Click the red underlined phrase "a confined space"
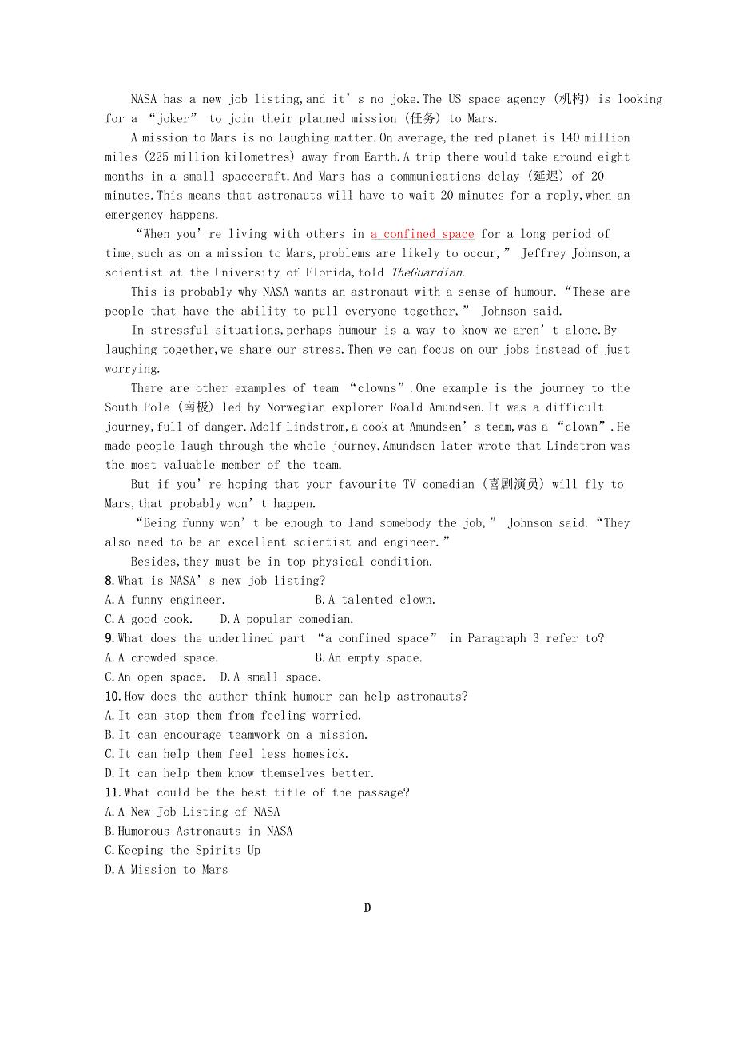422,234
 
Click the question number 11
113,792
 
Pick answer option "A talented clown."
375,600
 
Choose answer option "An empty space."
368,658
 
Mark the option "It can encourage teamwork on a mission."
236,735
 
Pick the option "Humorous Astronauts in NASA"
199,831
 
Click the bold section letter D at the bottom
367,907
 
